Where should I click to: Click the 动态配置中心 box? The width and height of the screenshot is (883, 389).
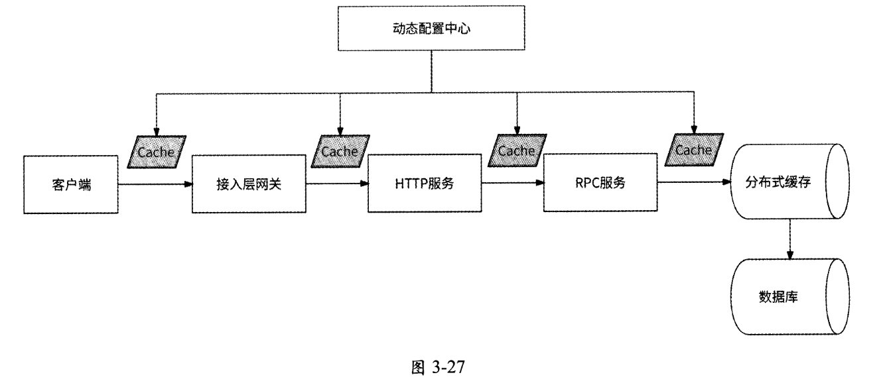click(431, 30)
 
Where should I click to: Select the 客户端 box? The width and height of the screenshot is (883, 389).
click(71, 184)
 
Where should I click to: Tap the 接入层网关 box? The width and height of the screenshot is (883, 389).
click(249, 184)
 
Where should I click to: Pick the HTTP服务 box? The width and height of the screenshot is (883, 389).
click(425, 184)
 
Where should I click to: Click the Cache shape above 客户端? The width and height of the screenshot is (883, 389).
click(157, 152)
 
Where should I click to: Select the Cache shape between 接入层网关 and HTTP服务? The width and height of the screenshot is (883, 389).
click(340, 151)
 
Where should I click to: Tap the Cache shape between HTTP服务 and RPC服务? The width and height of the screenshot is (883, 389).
click(517, 151)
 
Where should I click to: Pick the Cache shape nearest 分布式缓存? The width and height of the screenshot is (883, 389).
click(694, 150)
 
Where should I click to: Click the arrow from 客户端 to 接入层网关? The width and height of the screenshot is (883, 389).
click(155, 184)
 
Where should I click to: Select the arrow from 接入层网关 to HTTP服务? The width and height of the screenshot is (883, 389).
click(337, 184)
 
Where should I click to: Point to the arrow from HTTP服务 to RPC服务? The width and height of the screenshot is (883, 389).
click(513, 184)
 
